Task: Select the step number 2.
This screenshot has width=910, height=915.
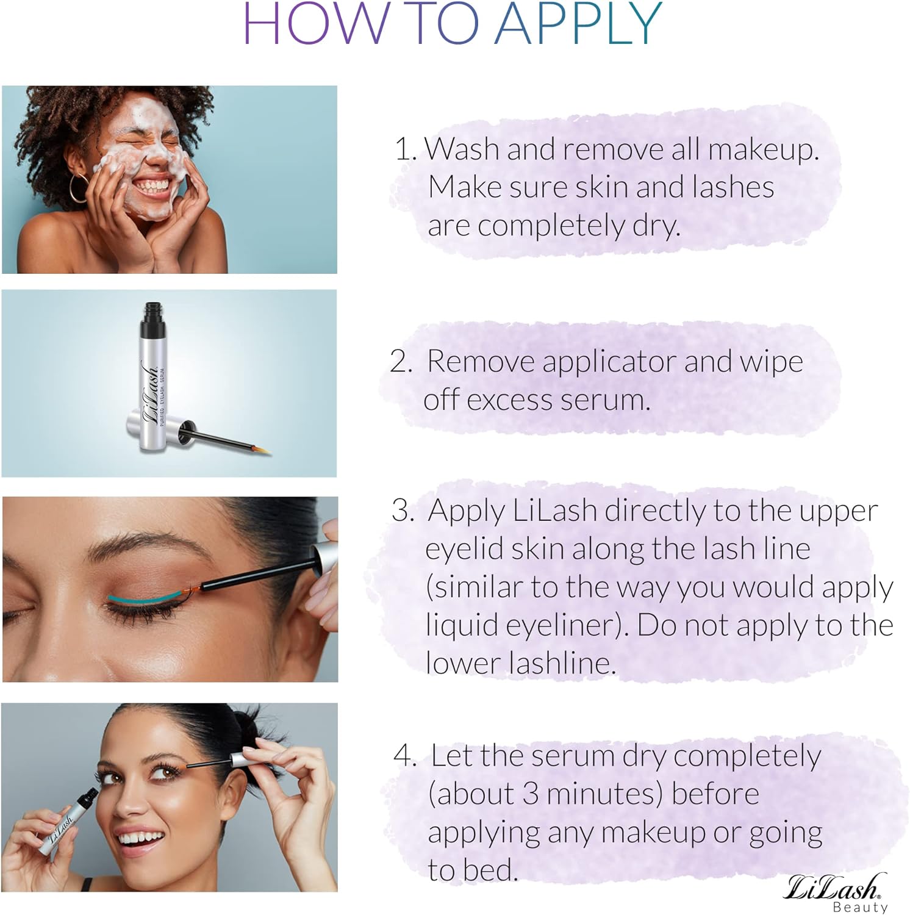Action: pyautogui.click(x=401, y=362)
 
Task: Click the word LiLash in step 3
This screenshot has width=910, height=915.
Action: pyautogui.click(x=554, y=511)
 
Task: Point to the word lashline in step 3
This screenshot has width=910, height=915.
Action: pyautogui.click(x=518, y=663)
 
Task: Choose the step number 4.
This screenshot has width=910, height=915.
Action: pyautogui.click(x=404, y=756)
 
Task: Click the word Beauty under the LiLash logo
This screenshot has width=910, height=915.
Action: pyautogui.click(x=860, y=907)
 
